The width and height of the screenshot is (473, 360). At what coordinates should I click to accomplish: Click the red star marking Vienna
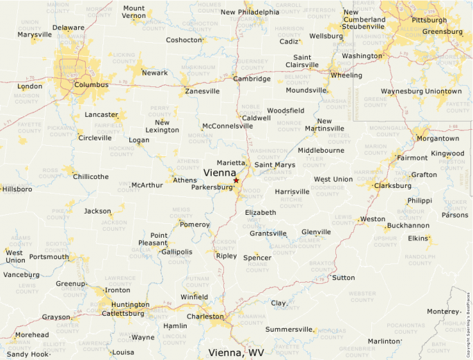(236, 180)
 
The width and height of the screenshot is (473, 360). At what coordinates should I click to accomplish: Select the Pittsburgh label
(429, 21)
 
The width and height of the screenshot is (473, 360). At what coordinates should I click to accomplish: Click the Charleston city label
(205, 317)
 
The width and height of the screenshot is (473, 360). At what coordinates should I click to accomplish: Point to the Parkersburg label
(212, 187)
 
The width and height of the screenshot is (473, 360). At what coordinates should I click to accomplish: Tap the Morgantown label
(438, 138)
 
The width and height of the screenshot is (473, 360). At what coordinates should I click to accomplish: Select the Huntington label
(130, 305)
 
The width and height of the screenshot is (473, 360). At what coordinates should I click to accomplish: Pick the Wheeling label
(346, 75)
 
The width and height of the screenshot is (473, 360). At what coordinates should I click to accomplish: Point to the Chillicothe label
(91, 177)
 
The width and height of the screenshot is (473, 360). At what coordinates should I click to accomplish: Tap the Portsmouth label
(49, 257)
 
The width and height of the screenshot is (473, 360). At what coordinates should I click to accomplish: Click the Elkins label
(418, 238)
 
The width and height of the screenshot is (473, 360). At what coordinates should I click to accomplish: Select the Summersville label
(290, 329)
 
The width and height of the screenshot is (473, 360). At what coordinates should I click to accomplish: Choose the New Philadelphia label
(250, 12)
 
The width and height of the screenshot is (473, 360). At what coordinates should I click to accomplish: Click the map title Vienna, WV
(236, 352)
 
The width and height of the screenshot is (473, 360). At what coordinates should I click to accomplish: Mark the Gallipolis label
(176, 252)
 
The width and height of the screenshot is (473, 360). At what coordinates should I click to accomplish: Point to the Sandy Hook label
(28, 354)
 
